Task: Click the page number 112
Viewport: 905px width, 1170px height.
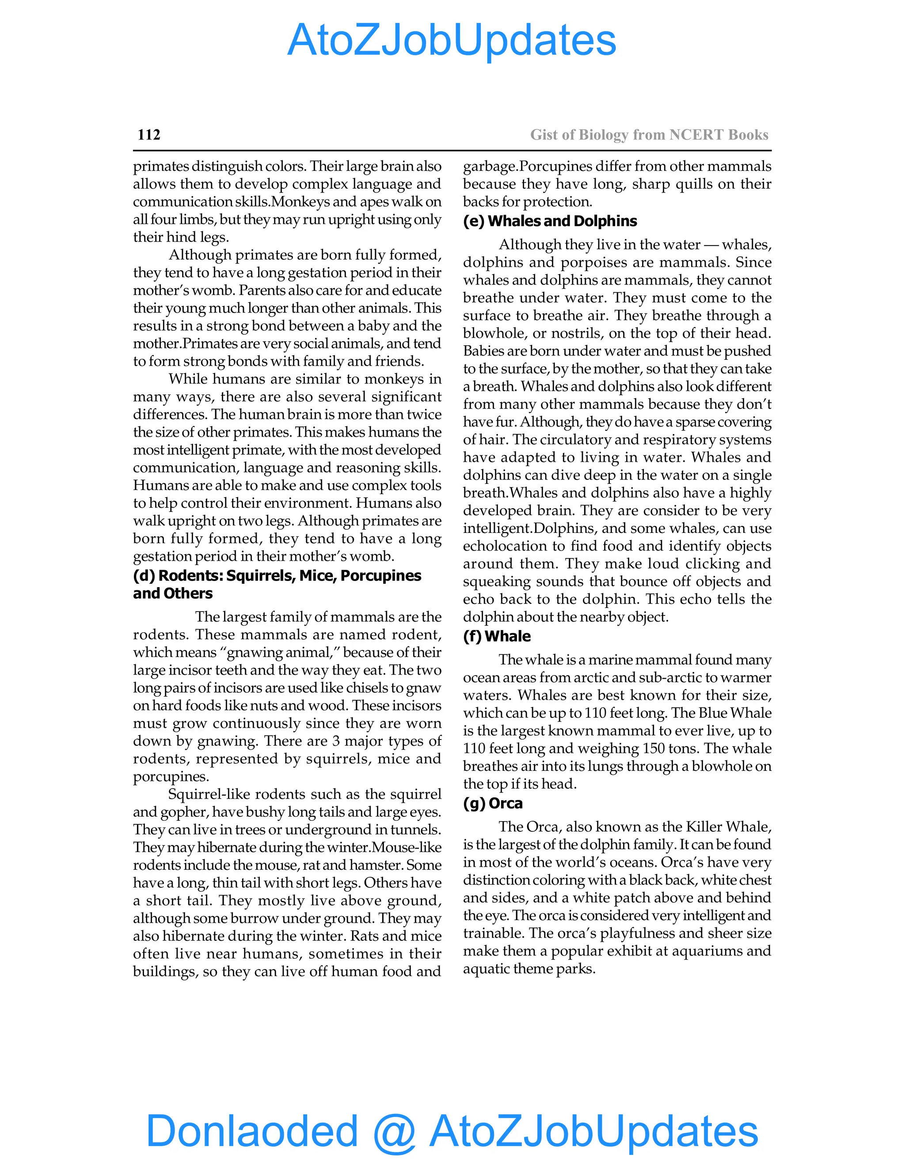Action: pyautogui.click(x=148, y=135)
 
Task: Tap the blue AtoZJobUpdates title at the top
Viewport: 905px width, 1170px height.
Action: pyautogui.click(x=452, y=41)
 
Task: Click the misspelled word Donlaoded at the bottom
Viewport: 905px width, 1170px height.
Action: pyautogui.click(x=252, y=1130)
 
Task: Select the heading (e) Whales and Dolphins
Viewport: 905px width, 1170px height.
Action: pyautogui.click(x=550, y=221)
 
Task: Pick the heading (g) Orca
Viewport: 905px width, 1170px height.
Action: pyautogui.click(x=492, y=804)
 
